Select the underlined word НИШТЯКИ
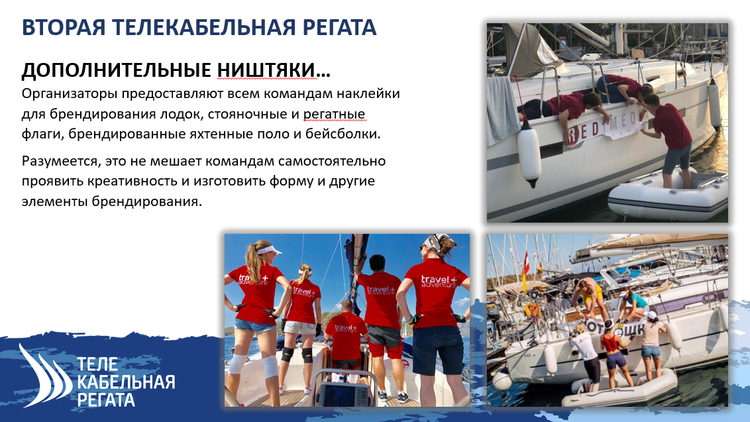click(x=266, y=70)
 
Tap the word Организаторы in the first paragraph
click(x=70, y=94)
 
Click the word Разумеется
click(x=60, y=161)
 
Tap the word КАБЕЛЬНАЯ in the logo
click(x=126, y=382)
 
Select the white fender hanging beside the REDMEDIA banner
click(x=529, y=153)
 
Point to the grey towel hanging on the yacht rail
click(x=502, y=109)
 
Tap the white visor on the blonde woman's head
click(x=269, y=250)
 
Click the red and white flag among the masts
click(x=527, y=262)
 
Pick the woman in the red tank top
click(x=614, y=354)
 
